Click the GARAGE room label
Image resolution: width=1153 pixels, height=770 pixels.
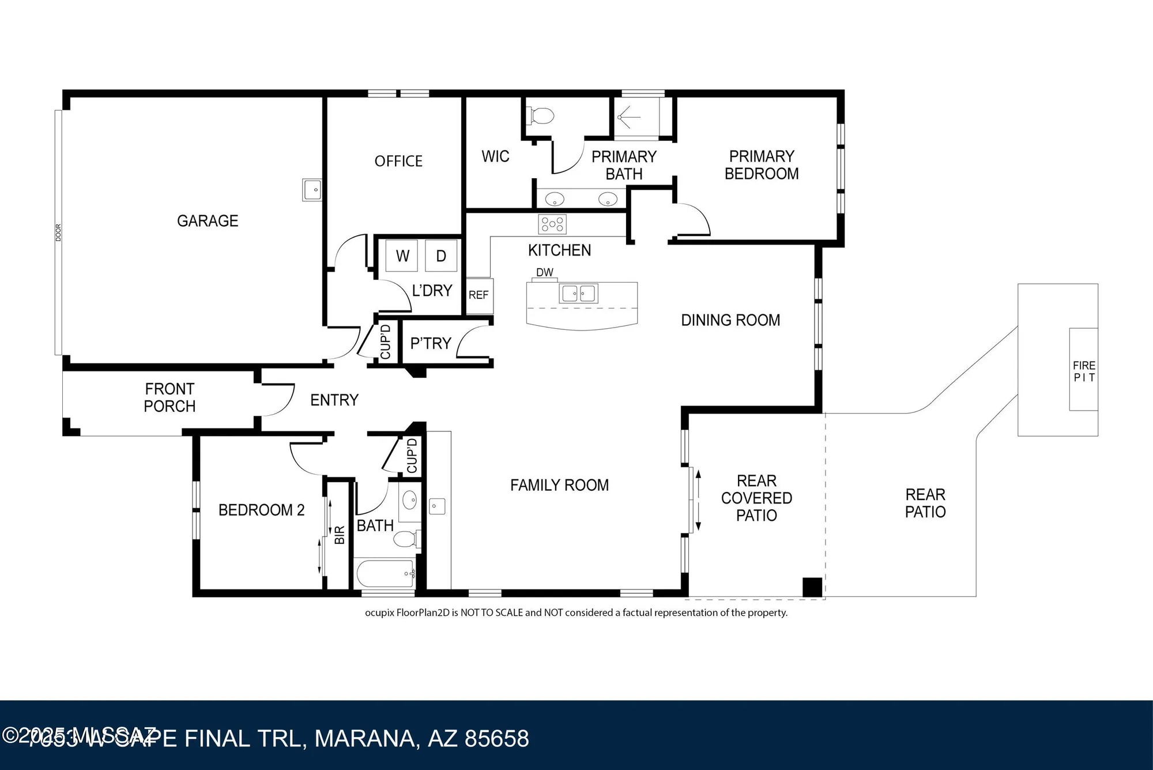point(208,221)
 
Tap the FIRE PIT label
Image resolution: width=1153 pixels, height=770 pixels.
point(1084,371)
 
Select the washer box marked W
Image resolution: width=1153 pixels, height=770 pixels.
point(402,256)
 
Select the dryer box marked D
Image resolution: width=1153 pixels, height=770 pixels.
point(441,256)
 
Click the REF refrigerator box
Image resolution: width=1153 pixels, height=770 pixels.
point(478,295)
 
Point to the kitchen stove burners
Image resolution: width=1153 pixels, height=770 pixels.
point(552,224)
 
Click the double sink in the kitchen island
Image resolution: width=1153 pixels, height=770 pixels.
point(578,294)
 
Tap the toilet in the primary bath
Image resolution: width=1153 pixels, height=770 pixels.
point(540,116)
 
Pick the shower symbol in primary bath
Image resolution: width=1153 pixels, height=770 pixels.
point(629,118)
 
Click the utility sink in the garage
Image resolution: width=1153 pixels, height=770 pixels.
point(312,189)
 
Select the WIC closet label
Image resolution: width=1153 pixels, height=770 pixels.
point(495,156)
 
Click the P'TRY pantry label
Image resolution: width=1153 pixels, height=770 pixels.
point(430,344)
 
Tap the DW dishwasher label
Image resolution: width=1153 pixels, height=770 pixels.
point(544,272)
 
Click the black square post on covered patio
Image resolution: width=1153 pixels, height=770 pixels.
point(812,587)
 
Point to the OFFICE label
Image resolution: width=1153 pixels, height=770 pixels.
point(398,161)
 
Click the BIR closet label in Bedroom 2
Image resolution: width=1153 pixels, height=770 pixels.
point(340,535)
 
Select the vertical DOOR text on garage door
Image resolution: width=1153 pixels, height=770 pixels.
point(58,232)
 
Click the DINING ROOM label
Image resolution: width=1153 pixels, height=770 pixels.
point(730,320)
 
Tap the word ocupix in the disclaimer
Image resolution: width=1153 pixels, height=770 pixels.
point(379,613)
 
